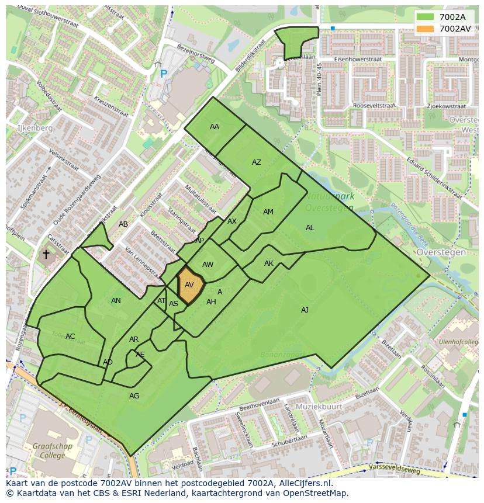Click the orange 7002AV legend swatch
click(426, 29)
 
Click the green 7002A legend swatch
click(426, 17)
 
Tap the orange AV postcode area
click(190, 285)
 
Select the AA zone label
click(215, 127)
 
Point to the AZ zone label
click(257, 162)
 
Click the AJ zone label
click(305, 310)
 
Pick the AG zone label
click(134, 396)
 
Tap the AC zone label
click(70, 337)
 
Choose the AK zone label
click(269, 263)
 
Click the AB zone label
click(123, 224)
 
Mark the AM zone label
click(268, 212)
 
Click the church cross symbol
click(46, 254)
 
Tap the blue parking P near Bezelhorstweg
click(164, 74)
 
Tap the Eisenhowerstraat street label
click(358, 60)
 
